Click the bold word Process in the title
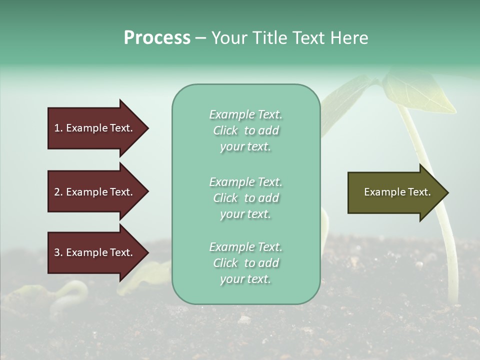click(157, 38)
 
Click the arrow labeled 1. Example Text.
click(95, 128)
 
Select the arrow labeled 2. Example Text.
click(95, 192)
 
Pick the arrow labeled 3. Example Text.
click(95, 252)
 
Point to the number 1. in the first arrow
click(58, 128)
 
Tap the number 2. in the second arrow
click(58, 192)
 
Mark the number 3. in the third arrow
click(58, 252)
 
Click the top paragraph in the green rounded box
click(245, 130)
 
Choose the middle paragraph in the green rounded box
click(245, 198)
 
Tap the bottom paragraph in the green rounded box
click(245, 263)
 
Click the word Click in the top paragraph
click(225, 130)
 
